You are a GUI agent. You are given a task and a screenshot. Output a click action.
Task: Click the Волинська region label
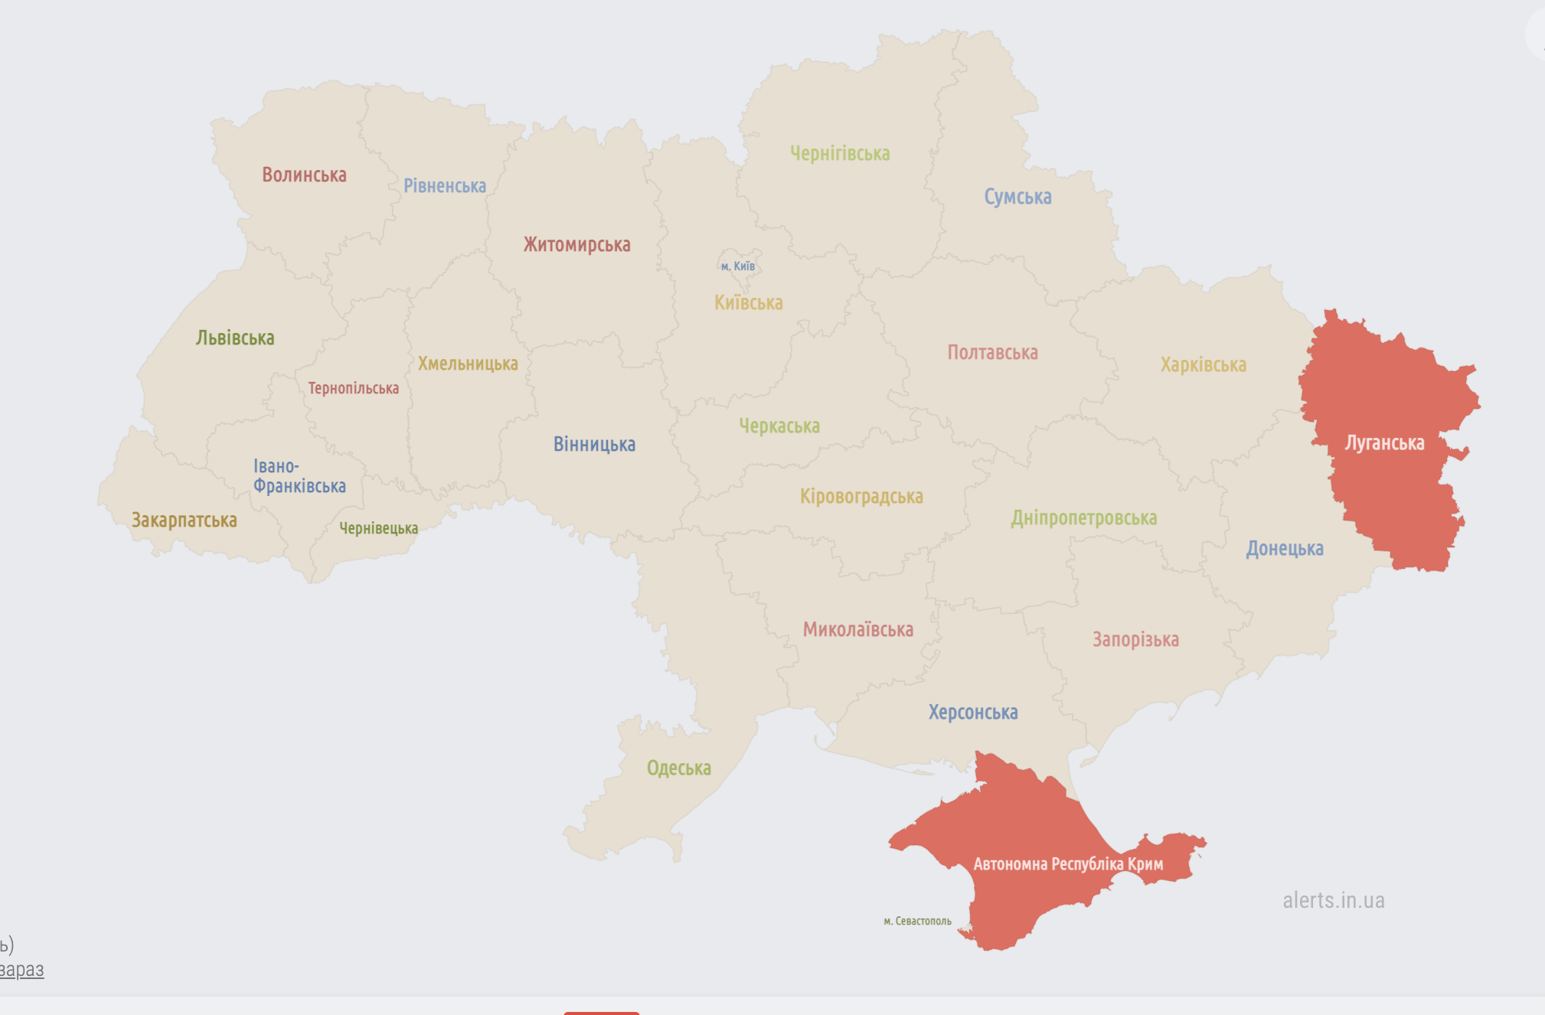click(304, 175)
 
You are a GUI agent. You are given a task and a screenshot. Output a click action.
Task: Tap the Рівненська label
click(444, 186)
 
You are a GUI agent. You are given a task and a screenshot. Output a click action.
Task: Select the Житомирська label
click(577, 245)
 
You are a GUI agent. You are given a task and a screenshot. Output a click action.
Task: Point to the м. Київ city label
click(737, 266)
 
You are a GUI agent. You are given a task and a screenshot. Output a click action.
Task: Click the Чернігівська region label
click(839, 154)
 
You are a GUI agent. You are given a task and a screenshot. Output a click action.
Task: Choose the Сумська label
click(1017, 197)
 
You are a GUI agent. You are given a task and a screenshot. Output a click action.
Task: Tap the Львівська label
click(234, 338)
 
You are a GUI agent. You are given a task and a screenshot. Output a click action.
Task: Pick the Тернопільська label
click(353, 388)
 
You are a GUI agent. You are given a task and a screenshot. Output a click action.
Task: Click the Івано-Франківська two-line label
click(299, 476)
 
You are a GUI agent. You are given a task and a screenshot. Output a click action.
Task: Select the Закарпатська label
click(184, 521)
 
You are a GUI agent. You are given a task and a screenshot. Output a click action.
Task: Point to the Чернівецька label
click(378, 528)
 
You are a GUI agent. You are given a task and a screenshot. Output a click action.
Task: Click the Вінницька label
click(594, 444)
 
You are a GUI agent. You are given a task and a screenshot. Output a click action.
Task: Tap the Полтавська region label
click(992, 352)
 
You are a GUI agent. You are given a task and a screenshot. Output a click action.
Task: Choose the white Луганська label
click(1384, 442)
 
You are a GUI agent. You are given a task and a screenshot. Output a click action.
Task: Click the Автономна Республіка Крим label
click(1067, 864)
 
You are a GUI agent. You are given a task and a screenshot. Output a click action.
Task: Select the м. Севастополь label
click(917, 921)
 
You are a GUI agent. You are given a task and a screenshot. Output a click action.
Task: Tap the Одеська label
click(678, 768)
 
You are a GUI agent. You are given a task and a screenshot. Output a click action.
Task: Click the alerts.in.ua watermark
click(1333, 900)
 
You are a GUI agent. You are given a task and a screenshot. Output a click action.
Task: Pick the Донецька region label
click(1284, 548)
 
